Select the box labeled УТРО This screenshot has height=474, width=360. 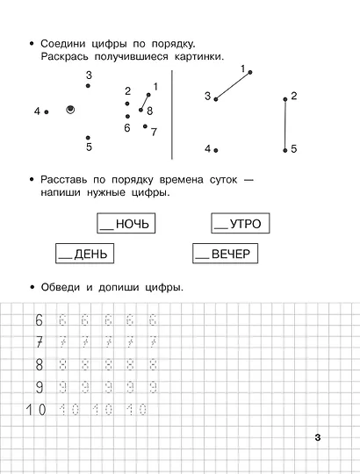point(237,224)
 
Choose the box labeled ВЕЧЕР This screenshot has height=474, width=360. point(224,255)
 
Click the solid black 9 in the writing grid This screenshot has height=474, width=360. point(38,386)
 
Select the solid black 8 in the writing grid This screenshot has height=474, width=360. point(38,364)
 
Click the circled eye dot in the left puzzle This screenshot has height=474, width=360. point(71,110)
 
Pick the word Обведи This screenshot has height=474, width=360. point(62,287)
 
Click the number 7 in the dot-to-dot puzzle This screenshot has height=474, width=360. point(154,132)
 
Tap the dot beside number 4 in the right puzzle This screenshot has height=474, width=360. point(216,150)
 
